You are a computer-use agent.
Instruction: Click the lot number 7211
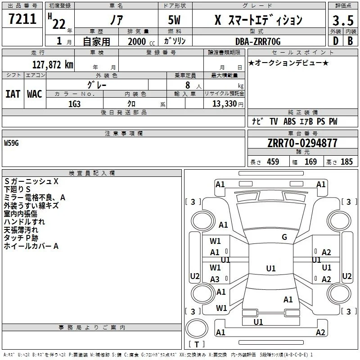(22, 19)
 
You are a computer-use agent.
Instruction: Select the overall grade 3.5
(343, 21)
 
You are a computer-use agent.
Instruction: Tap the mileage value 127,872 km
(53, 65)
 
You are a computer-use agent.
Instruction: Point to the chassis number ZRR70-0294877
(302, 143)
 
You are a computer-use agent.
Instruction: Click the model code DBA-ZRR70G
(258, 41)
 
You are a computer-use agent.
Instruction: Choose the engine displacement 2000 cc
(141, 41)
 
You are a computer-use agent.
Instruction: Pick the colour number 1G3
(74, 104)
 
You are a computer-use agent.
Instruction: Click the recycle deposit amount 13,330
(224, 104)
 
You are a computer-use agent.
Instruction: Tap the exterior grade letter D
(336, 41)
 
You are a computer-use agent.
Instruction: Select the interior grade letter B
(350, 41)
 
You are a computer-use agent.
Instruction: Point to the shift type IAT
(13, 94)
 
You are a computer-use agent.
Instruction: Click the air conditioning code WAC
(35, 94)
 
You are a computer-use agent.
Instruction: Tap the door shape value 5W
(174, 20)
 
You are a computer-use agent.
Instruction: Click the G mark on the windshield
(284, 237)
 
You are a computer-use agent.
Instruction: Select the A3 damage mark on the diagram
(215, 279)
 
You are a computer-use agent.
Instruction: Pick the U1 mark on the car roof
(271, 268)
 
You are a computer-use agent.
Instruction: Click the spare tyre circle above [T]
(197, 328)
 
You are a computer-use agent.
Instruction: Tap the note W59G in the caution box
(11, 143)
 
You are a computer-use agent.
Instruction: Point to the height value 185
(346, 162)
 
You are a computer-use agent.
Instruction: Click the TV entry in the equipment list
(274, 121)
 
